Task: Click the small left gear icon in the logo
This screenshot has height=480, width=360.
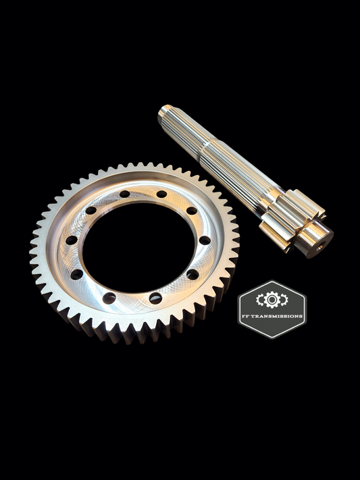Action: click(x=260, y=298)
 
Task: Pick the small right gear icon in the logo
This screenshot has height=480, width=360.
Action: click(x=284, y=298)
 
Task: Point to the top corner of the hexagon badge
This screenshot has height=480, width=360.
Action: click(x=272, y=280)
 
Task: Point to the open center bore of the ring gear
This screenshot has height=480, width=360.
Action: click(x=135, y=243)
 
